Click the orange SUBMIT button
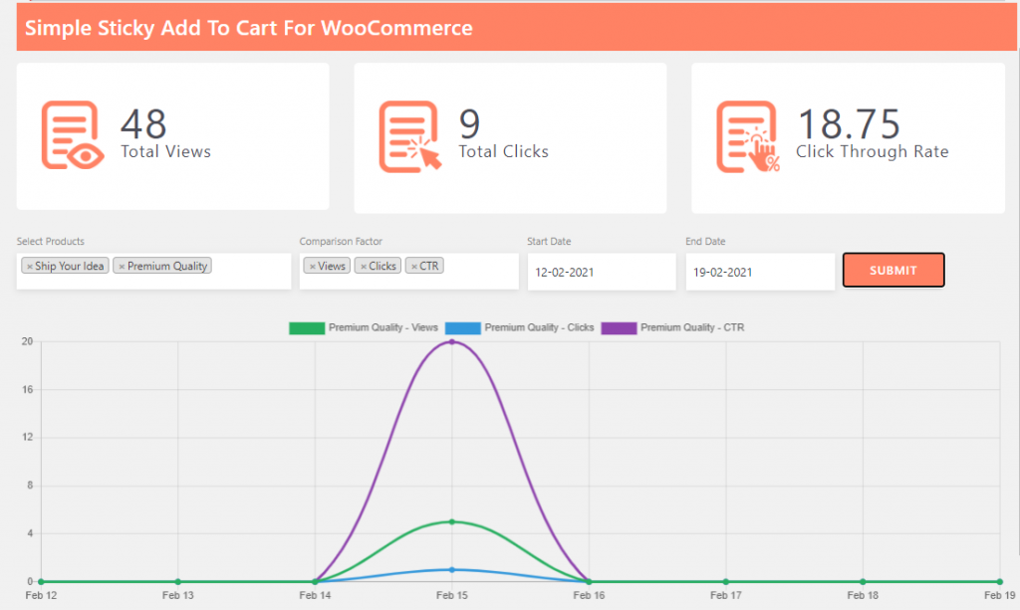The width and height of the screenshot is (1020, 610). pyautogui.click(x=893, y=270)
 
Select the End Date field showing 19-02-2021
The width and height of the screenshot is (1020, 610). pyautogui.click(x=760, y=272)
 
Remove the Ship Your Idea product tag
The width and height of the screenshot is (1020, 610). pyautogui.click(x=30, y=267)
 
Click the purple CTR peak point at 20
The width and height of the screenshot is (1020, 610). pyautogui.click(x=452, y=342)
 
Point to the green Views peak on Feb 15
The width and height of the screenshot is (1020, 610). pyautogui.click(x=452, y=521)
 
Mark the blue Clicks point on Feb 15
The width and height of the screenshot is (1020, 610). pyautogui.click(x=452, y=570)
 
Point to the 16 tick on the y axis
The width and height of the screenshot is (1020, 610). pyautogui.click(x=28, y=390)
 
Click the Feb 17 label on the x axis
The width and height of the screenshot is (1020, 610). pyautogui.click(x=725, y=595)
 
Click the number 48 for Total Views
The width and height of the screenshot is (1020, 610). pyautogui.click(x=143, y=124)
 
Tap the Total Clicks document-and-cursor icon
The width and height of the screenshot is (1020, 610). pyautogui.click(x=409, y=136)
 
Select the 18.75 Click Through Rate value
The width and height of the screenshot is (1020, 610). pyautogui.click(x=849, y=124)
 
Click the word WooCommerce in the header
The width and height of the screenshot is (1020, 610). pyautogui.click(x=396, y=28)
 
